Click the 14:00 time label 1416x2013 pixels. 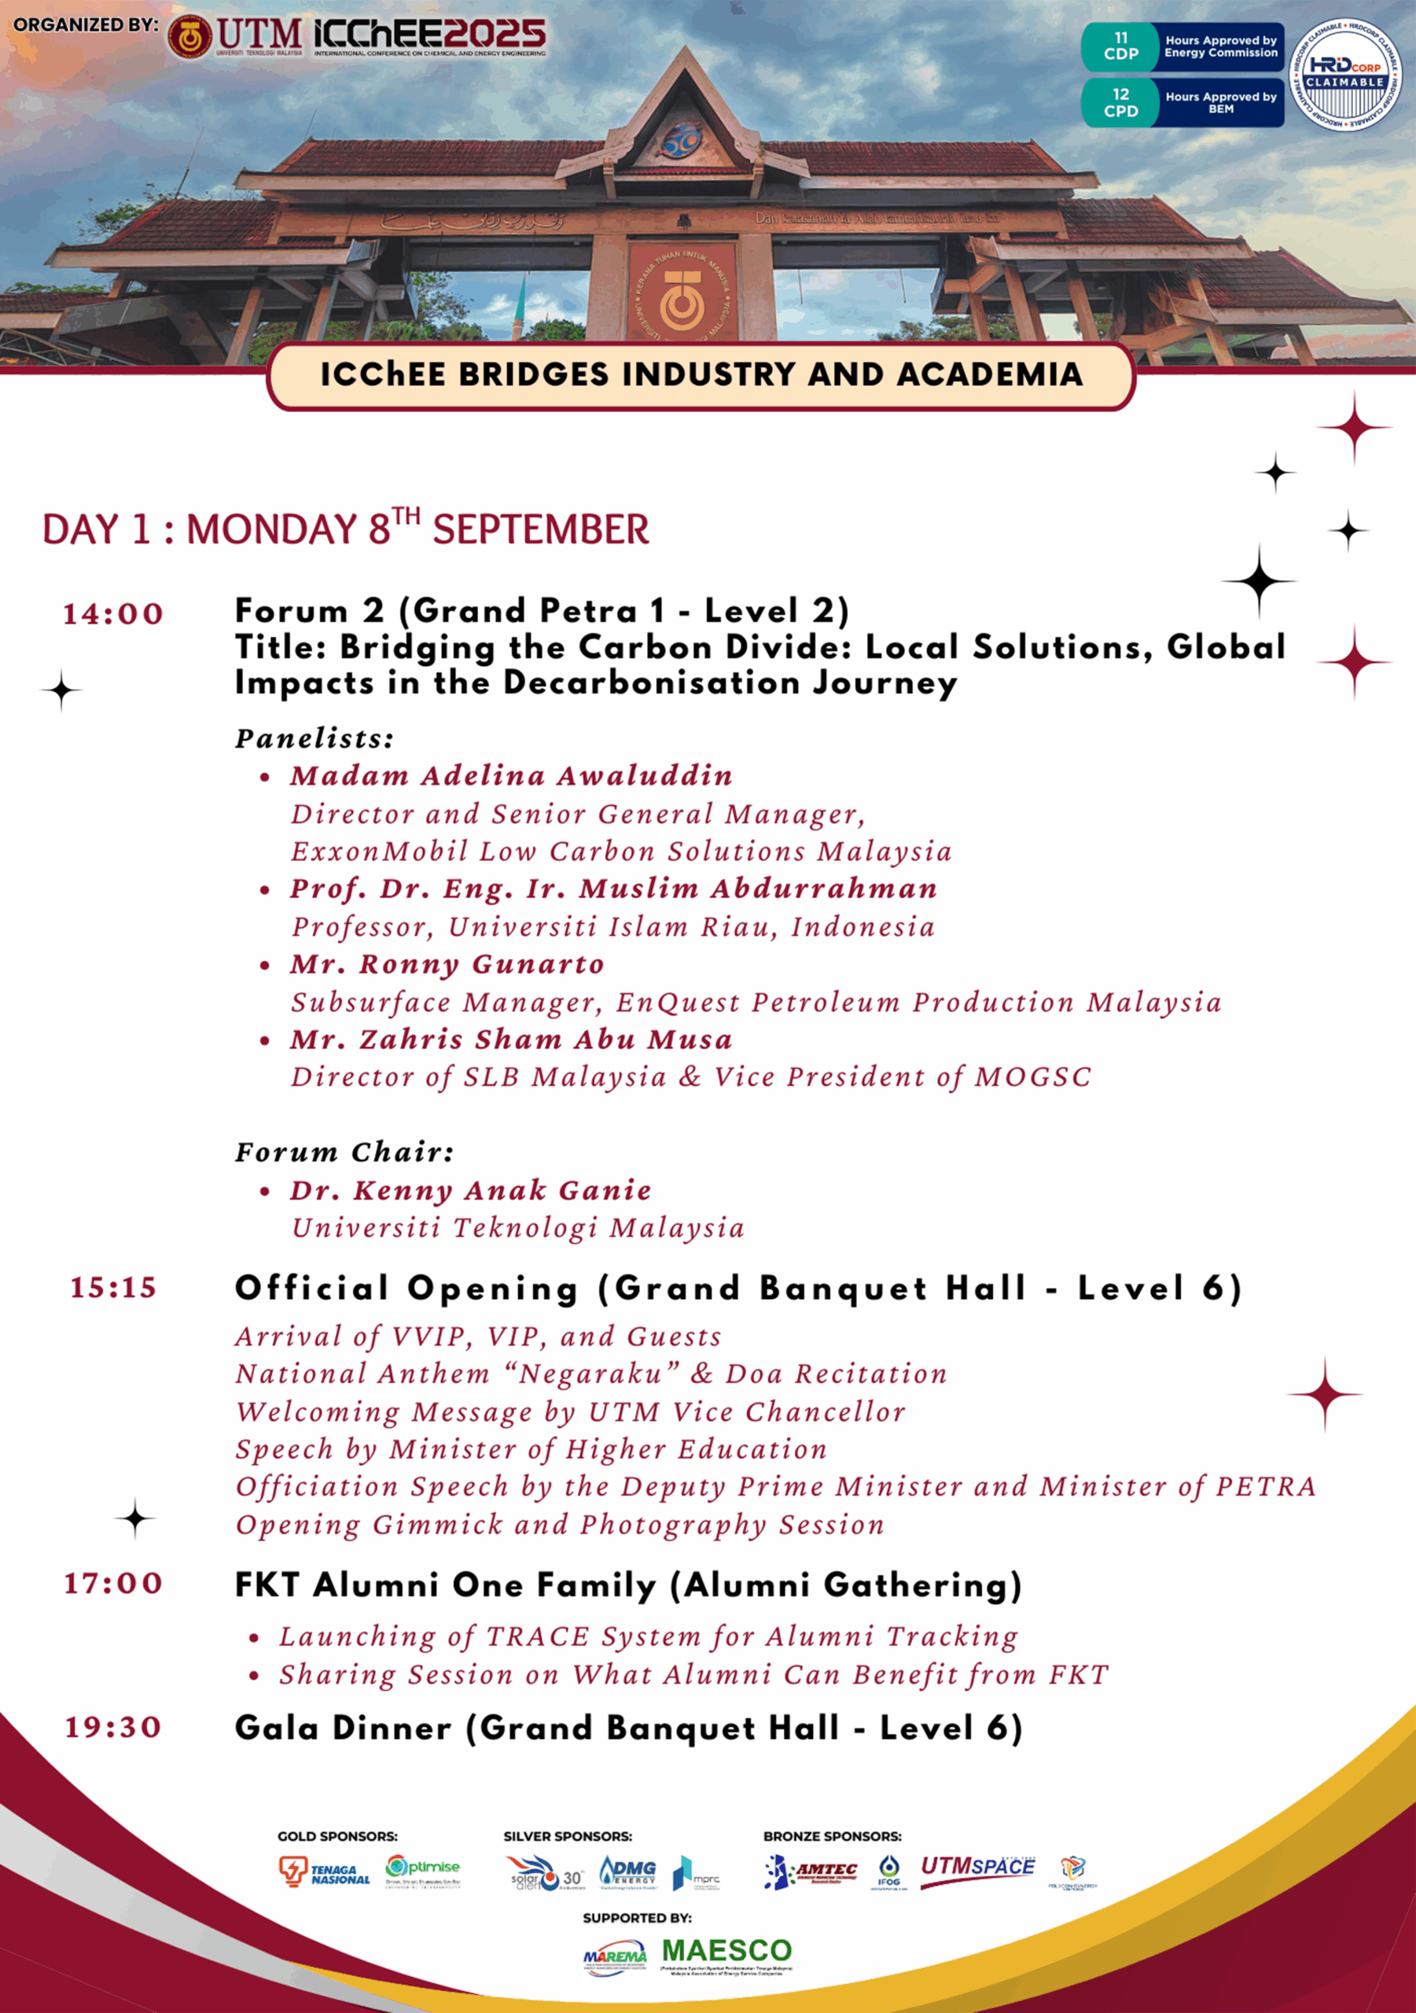coord(113,613)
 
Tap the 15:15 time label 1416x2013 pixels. coord(113,1288)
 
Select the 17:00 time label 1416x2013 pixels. coord(113,1584)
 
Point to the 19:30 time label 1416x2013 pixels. coord(113,1728)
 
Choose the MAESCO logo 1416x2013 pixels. coord(726,1951)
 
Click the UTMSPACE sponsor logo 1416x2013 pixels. coord(976,1868)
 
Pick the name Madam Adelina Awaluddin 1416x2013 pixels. coord(511,776)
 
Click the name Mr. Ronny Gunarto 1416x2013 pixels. coord(447,964)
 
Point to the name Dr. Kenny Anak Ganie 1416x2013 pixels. coord(471,1191)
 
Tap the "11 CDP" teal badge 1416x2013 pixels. coord(1120,46)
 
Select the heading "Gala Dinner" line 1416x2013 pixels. coord(627,1728)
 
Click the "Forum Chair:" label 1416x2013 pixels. coord(344,1152)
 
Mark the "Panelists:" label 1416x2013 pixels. coord(314,739)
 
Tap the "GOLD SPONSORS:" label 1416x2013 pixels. coord(337,1836)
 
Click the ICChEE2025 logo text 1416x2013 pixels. coord(429,35)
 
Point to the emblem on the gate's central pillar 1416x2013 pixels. coord(681,293)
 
